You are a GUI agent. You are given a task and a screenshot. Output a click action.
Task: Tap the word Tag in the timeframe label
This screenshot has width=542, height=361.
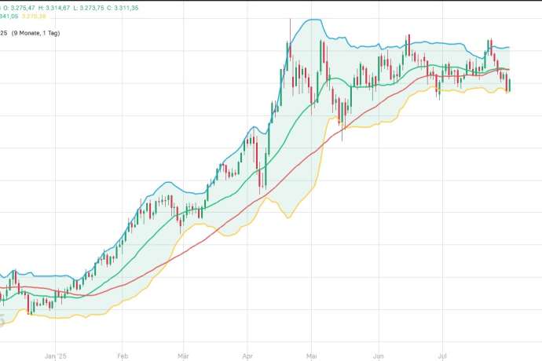pos(73,33)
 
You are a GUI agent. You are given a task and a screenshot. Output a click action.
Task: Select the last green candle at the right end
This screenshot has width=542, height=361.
pos(510,84)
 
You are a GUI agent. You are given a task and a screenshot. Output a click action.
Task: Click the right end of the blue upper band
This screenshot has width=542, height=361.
pos(510,47)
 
